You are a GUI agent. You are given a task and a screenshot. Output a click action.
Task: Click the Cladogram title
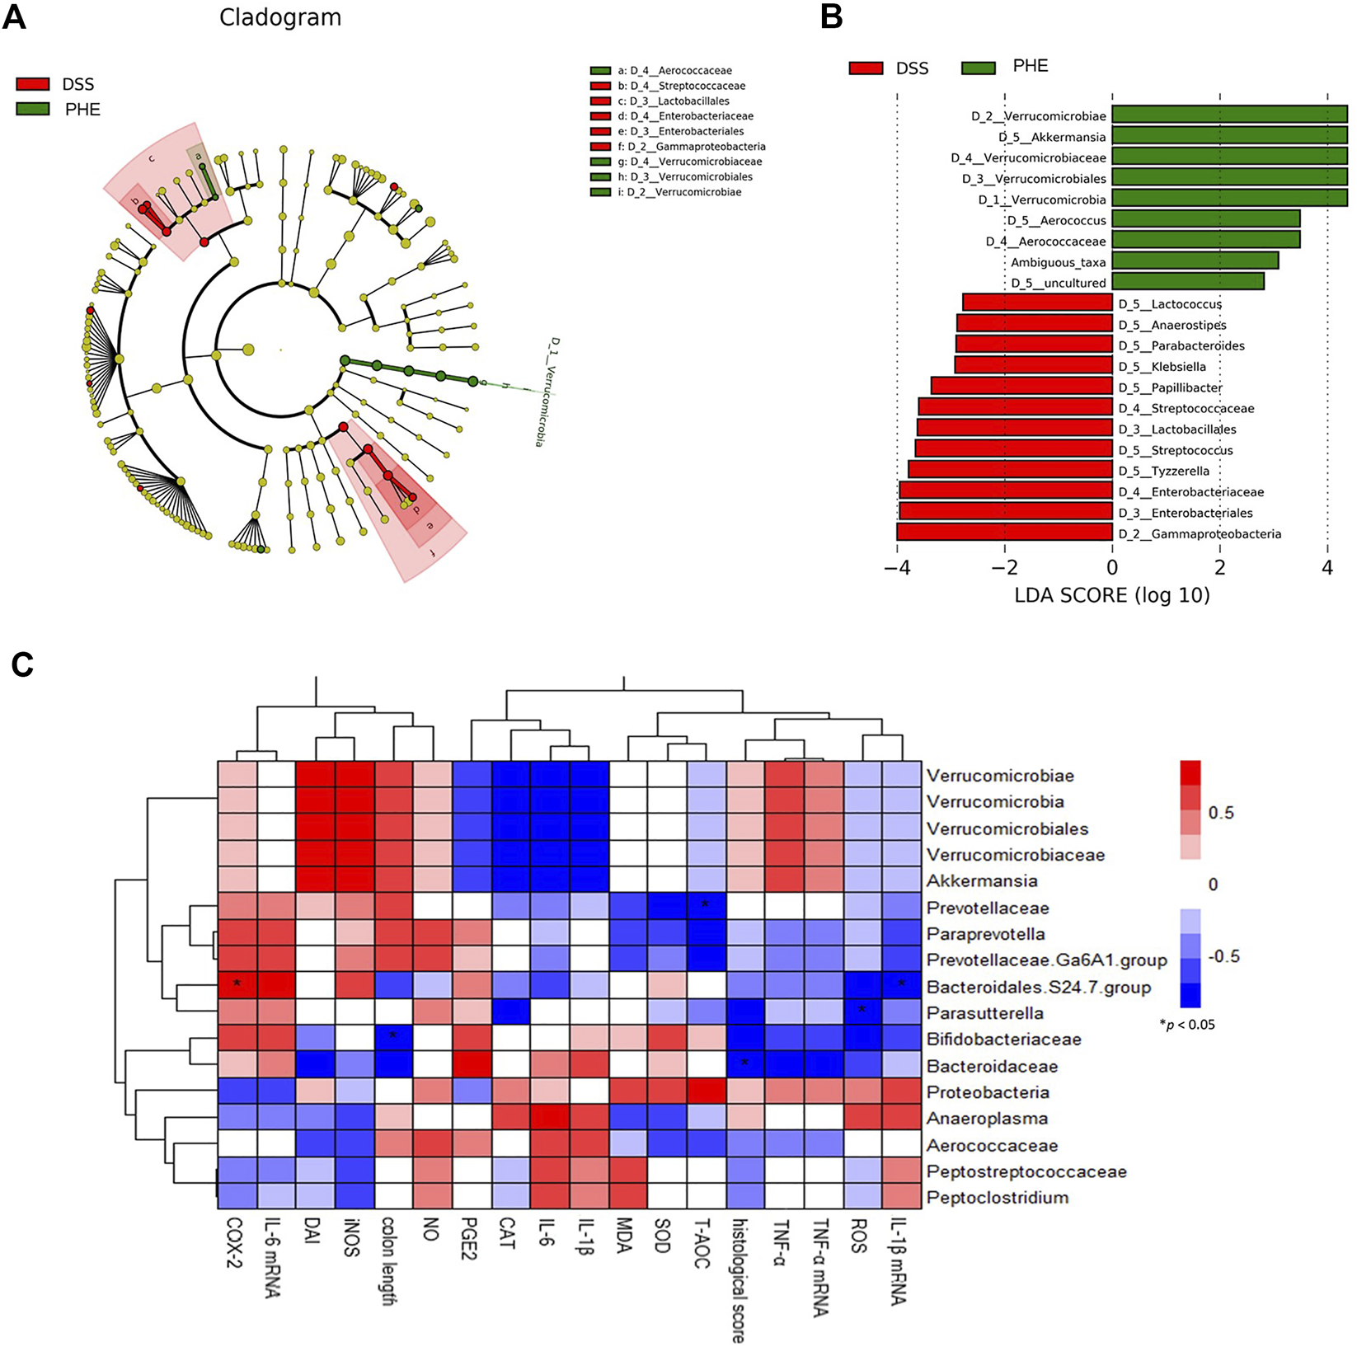tap(279, 17)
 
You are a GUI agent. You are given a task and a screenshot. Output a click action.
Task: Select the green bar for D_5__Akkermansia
tap(1228, 136)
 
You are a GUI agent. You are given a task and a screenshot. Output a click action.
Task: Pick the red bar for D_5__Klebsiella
tap(1033, 365)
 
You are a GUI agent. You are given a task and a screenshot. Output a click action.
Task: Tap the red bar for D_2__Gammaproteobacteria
tap(1004, 533)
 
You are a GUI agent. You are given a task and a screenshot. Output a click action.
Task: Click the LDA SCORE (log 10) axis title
tap(1111, 594)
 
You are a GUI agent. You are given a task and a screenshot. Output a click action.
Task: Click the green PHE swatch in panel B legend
tap(979, 68)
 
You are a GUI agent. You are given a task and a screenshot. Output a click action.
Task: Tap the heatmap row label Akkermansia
tap(981, 880)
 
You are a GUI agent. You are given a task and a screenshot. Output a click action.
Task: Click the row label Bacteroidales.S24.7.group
tap(1038, 987)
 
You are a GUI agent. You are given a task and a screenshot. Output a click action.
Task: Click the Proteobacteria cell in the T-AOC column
tap(706, 1092)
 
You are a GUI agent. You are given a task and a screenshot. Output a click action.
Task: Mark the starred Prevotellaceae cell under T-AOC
tap(706, 907)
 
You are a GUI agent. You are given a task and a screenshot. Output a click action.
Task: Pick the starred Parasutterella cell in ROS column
tap(862, 1013)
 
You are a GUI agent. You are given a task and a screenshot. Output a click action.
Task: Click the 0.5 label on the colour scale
tap(1221, 813)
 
